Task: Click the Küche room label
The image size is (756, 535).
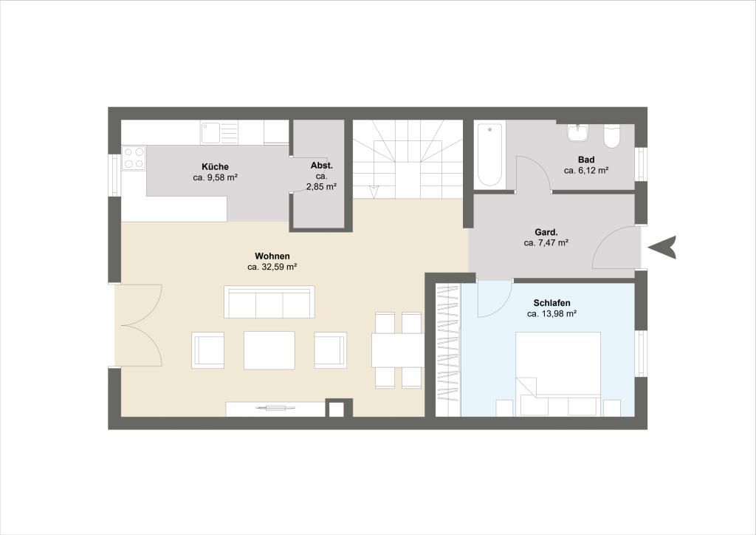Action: click(x=215, y=167)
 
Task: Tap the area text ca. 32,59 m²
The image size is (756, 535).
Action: click(x=272, y=266)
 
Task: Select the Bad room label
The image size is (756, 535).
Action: click(x=586, y=160)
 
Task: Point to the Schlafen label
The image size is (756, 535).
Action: click(x=552, y=303)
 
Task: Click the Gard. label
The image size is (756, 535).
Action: click(x=546, y=232)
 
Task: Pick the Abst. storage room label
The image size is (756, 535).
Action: click(x=322, y=166)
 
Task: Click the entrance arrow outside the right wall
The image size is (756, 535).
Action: click(x=661, y=248)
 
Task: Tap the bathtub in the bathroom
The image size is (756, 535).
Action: click(x=489, y=155)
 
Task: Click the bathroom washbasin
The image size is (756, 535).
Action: click(x=577, y=133)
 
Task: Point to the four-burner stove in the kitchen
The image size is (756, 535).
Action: click(x=134, y=157)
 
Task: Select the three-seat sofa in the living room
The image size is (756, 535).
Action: click(x=269, y=302)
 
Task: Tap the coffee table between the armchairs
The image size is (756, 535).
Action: click(x=269, y=350)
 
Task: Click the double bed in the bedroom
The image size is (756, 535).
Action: click(x=558, y=374)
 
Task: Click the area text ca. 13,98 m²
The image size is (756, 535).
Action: click(x=552, y=314)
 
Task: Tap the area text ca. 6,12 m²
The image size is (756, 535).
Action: click(x=586, y=171)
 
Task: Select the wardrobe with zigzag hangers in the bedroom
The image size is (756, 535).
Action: click(x=448, y=350)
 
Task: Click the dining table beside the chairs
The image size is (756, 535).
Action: click(x=398, y=350)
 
